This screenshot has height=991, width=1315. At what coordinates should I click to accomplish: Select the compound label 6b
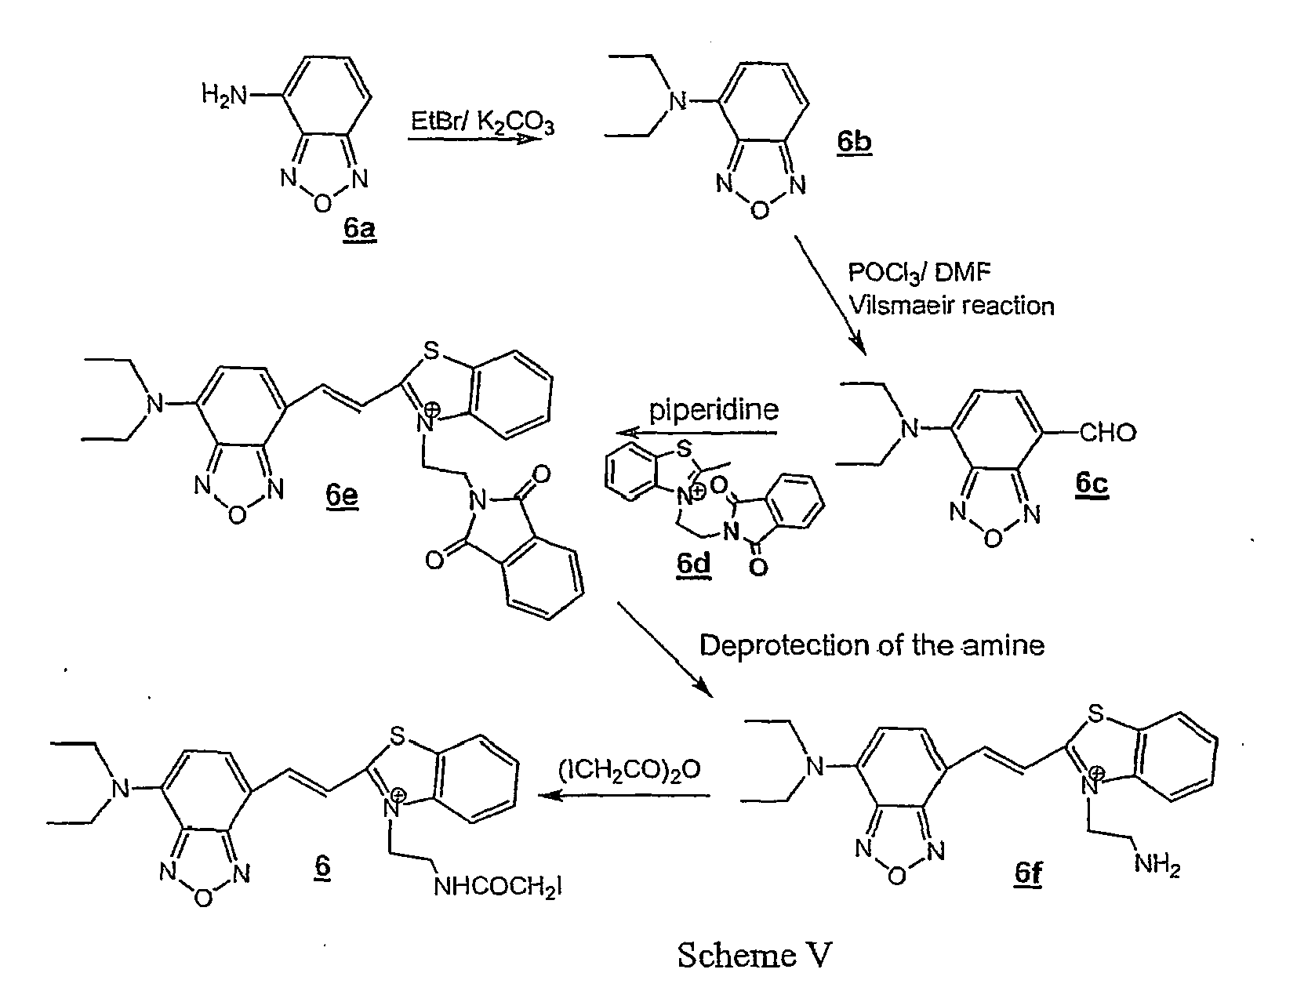click(x=853, y=143)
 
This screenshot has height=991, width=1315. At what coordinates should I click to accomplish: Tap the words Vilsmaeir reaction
click(x=951, y=305)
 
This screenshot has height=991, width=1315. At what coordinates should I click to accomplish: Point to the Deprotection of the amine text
click(x=872, y=645)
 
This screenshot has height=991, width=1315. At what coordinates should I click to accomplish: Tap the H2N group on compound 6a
click(x=223, y=96)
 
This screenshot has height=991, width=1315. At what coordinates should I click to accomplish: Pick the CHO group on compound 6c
click(x=1107, y=432)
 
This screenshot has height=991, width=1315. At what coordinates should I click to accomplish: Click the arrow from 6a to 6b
click(x=475, y=139)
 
